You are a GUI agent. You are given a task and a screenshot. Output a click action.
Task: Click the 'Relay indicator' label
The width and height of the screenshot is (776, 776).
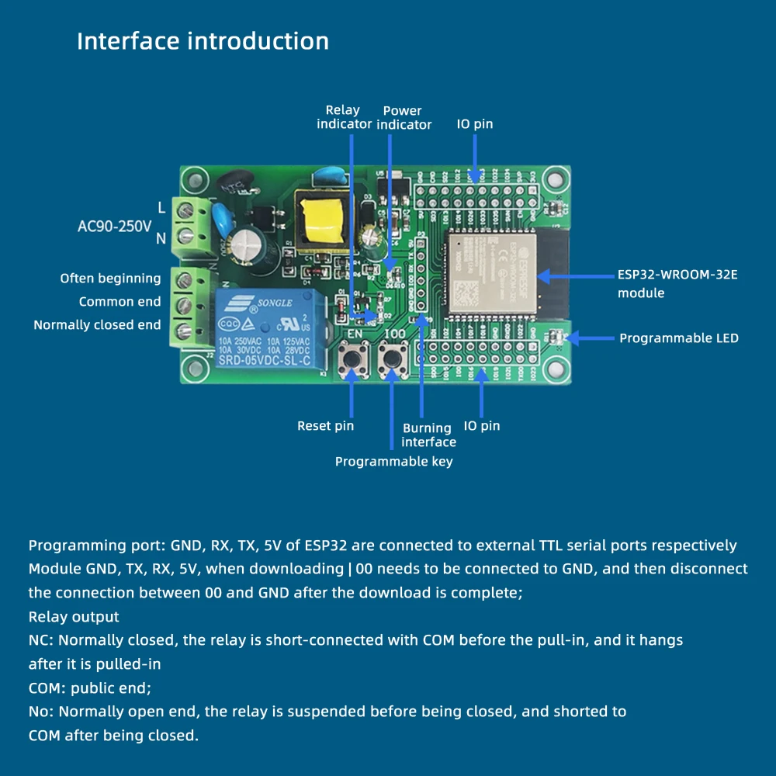tap(342, 117)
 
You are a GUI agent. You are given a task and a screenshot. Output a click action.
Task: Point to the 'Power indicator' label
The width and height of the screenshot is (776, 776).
tap(404, 117)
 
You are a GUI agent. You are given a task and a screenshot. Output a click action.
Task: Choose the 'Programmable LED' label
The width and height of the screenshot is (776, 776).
tap(678, 338)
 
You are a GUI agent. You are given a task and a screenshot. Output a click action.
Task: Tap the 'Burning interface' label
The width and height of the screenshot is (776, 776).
tap(428, 435)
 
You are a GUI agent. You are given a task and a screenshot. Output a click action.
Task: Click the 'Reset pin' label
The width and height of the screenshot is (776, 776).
tap(325, 425)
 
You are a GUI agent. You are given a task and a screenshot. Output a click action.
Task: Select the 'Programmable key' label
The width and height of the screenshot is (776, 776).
tap(393, 462)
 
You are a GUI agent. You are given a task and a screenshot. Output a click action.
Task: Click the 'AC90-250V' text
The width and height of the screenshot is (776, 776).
tap(114, 227)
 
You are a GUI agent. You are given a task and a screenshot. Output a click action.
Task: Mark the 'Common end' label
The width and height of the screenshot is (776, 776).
tap(120, 302)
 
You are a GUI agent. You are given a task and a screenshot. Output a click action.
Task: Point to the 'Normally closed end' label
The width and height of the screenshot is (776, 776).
tap(97, 325)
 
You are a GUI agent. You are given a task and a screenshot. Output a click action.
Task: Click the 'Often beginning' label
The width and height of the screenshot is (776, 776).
tap(110, 279)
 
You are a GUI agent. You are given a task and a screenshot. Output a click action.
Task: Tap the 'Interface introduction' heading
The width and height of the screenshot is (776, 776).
tap(203, 41)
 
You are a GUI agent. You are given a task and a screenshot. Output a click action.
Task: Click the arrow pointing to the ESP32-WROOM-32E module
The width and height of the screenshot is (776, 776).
tap(574, 275)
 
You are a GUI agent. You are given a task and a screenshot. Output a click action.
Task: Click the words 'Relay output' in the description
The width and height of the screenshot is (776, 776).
tap(74, 617)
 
